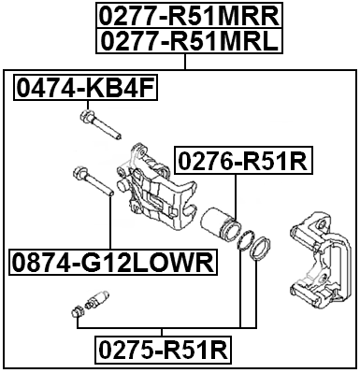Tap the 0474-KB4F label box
[x=85, y=89]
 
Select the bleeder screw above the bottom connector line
[x=95, y=302]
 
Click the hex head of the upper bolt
[x=86, y=117]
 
